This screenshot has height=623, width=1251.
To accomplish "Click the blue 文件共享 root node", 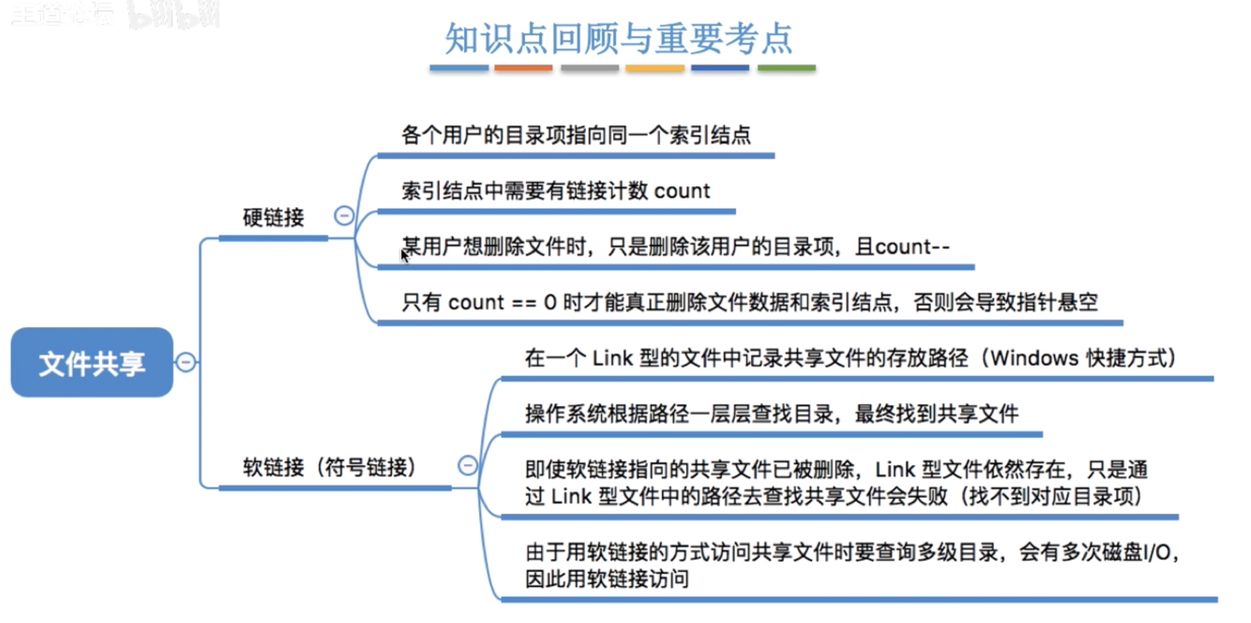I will [x=92, y=363].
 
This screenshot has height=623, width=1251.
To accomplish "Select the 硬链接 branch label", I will [x=273, y=218].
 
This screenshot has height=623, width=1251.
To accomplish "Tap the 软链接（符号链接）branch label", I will [x=329, y=467].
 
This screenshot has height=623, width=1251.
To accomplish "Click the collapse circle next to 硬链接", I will [x=344, y=216].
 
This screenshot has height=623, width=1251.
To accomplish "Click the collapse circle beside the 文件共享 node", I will [x=186, y=363].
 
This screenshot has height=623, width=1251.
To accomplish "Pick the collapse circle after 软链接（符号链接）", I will [x=467, y=466].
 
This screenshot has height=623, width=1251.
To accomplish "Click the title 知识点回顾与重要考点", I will [x=619, y=39].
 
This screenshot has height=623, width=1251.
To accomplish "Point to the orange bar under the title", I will [x=523, y=68].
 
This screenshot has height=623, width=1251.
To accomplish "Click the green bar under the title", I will [x=786, y=68].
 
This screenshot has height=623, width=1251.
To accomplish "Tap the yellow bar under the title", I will [x=654, y=68].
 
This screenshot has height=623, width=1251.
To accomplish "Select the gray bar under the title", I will [x=590, y=68].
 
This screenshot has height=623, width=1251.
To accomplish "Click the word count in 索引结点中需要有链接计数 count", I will [x=681, y=191].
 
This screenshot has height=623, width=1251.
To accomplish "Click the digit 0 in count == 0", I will [x=550, y=302].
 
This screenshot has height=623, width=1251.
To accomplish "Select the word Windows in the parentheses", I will [x=1034, y=358].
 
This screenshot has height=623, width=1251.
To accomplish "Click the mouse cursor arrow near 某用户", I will [x=404, y=256].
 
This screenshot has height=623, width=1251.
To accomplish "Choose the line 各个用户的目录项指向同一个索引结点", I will [x=575, y=136].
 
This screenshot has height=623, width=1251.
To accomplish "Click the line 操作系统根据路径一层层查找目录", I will [x=771, y=414].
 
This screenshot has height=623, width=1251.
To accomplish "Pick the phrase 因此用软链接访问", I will [x=606, y=579].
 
